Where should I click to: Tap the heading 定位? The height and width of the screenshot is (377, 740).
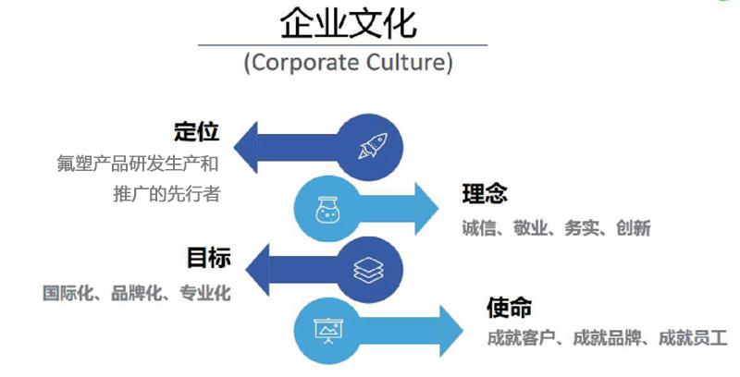pyautogui.click(x=197, y=131)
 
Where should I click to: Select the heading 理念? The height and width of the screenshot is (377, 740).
pyautogui.click(x=485, y=195)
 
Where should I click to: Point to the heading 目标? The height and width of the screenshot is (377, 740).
pyautogui.click(x=208, y=258)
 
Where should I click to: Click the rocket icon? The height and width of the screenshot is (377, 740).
pyautogui.click(x=373, y=145)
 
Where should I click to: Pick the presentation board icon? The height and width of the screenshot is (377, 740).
pyautogui.click(x=327, y=330)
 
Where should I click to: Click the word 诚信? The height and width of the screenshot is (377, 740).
pyautogui.click(x=480, y=227)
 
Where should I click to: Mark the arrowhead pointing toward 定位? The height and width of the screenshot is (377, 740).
pyautogui.click(x=247, y=146)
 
